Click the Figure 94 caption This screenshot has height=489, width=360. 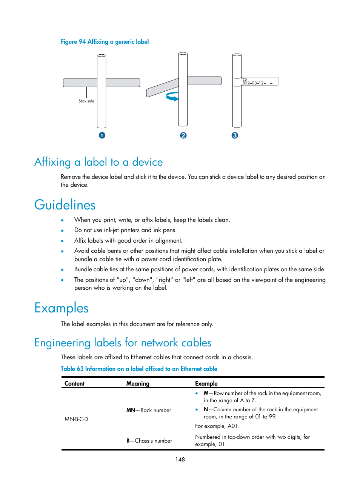tap(105, 42)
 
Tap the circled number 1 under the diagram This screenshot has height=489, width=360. tap(102, 135)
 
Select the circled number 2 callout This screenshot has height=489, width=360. tap(183, 135)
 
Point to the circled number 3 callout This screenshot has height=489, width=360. tap(235, 135)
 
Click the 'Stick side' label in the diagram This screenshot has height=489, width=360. tap(86, 101)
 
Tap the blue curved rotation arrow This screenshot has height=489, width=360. tap(172, 97)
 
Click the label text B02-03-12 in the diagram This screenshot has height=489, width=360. tap(254, 83)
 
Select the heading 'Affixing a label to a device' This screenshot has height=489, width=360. tap(98, 162)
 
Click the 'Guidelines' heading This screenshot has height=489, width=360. tap(65, 205)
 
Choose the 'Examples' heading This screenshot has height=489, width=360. tap(62, 308)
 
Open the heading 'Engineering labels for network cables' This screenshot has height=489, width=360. tap(123, 343)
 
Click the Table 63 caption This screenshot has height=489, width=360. tap(139, 369)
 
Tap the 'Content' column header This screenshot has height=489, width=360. tap(74, 384)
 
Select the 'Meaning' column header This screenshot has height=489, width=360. tap(138, 384)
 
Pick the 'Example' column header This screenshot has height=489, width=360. tap(206, 384)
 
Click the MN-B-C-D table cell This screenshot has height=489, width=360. tap(76, 419)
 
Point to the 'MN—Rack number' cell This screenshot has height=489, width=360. tap(149, 410)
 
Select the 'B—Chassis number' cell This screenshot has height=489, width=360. tap(149, 441)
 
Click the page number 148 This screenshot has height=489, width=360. tap(180, 460)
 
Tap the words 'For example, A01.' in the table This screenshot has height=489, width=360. tap(217, 426)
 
